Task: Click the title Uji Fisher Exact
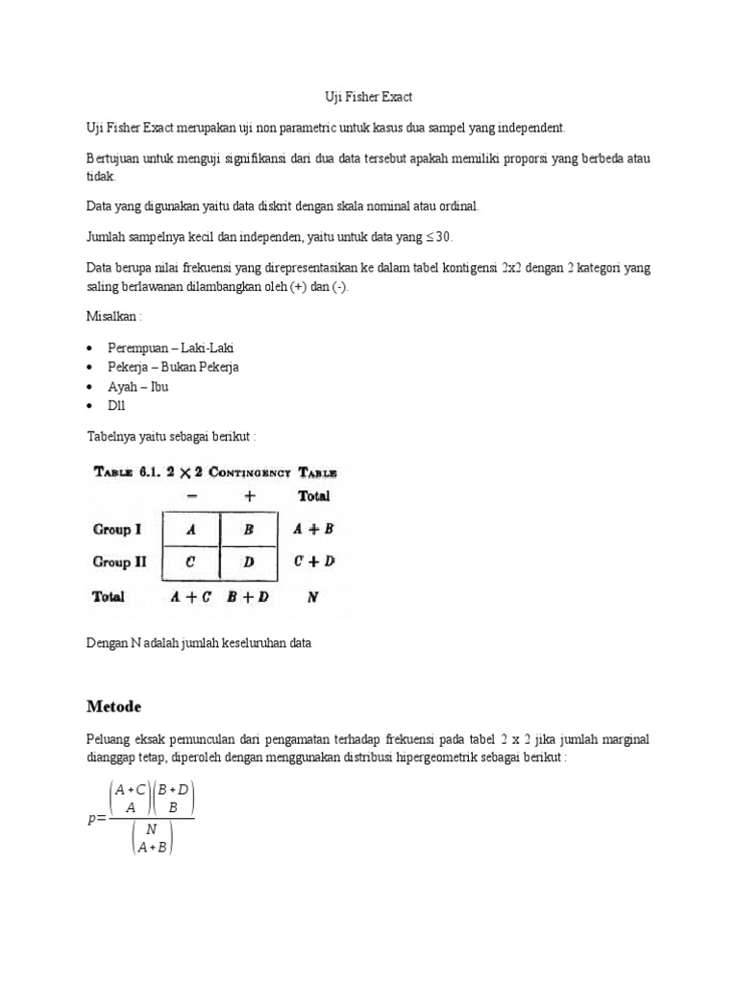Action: pos(369,98)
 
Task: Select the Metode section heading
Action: pos(113,707)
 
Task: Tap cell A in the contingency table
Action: pos(191,529)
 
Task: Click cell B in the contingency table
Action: pos(249,529)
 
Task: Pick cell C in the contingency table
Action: pos(191,562)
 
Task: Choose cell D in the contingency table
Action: pos(249,562)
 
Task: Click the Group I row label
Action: pos(119,529)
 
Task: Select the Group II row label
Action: pos(121,562)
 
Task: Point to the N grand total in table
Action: pos(312,596)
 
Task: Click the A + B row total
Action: pos(313,529)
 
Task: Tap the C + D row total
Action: pos(313,562)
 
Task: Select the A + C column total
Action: pos(191,596)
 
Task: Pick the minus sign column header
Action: pos(191,496)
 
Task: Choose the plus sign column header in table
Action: pos(249,496)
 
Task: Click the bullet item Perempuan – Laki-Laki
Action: pos(170,348)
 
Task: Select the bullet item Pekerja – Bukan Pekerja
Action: pos(173,367)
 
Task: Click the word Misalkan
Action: pos(112,316)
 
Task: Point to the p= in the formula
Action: pos(95,818)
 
